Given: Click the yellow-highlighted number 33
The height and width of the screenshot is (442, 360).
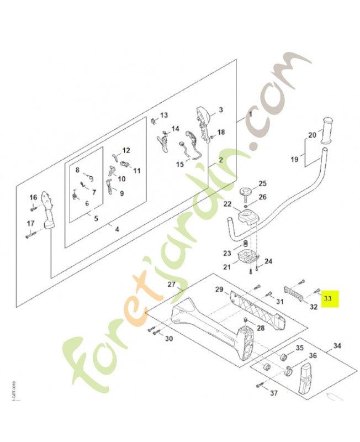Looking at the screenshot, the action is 328,298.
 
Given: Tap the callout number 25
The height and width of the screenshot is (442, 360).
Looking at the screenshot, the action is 263,183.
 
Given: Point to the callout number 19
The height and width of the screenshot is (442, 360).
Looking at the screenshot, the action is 295,160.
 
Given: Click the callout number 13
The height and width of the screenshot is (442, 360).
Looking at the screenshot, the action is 163,115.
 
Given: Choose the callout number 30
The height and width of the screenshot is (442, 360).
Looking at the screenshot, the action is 153,339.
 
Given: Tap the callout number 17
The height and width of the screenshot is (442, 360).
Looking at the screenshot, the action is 31,224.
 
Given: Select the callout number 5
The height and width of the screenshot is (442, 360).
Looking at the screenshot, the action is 96,219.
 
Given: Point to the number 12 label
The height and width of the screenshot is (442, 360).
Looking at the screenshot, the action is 126,150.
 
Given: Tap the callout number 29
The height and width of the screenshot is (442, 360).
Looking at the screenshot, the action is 219,290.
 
